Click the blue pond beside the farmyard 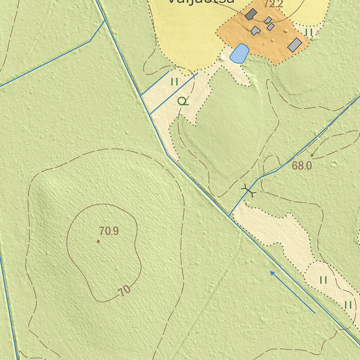[x=239, y=53]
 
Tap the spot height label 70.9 [x=109, y=231]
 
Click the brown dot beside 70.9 [x=98, y=241]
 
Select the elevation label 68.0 [x=302, y=166]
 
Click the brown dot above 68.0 [x=312, y=155]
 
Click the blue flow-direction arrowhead [x=272, y=273]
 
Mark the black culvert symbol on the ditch [x=249, y=191]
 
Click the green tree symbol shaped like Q [x=182, y=102]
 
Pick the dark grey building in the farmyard [x=251, y=14]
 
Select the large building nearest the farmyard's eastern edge [x=295, y=45]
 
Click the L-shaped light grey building [x=256, y=31]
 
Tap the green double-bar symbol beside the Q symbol [x=174, y=82]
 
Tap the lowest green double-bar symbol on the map [x=348, y=305]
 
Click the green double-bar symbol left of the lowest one [x=323, y=280]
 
